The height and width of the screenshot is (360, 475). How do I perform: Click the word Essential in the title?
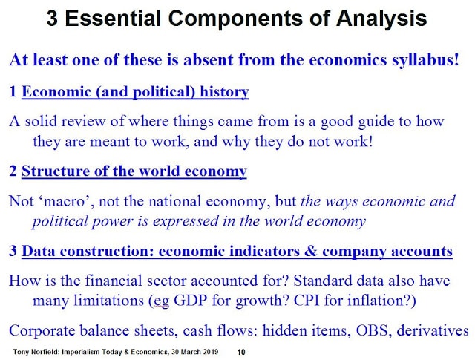click(x=113, y=18)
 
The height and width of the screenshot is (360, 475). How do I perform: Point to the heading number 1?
click(x=13, y=91)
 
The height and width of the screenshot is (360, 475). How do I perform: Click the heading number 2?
click(x=13, y=171)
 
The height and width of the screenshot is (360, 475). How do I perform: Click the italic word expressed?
click(x=186, y=221)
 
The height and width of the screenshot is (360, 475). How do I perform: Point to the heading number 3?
click(x=13, y=251)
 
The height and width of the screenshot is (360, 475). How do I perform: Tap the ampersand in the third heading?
click(x=310, y=251)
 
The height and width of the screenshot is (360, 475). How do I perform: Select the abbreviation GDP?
click(x=191, y=301)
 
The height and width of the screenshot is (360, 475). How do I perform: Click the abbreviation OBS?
click(x=372, y=330)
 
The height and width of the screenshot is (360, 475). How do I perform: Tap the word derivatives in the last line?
click(x=433, y=330)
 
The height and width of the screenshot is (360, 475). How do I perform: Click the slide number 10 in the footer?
click(x=241, y=352)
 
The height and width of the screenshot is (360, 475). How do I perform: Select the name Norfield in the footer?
click(x=47, y=352)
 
